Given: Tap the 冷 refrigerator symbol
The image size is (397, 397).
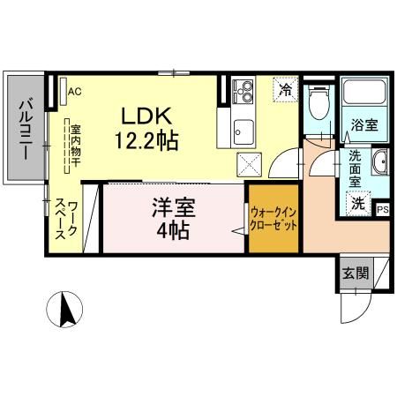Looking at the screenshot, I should [284, 88].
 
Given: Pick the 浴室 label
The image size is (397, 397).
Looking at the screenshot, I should [365, 125].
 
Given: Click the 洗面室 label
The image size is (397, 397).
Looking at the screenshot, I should [355, 168].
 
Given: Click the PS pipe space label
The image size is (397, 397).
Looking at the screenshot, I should [382, 210].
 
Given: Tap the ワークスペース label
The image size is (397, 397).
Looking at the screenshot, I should [67, 221].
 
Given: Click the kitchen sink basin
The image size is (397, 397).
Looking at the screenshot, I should [241, 132].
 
